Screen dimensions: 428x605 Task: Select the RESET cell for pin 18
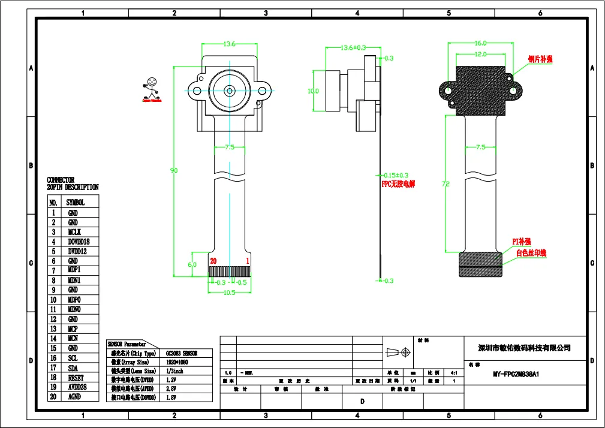coord(76,377)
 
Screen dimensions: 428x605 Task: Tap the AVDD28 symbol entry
coord(77,387)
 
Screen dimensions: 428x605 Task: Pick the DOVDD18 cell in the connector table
coord(79,242)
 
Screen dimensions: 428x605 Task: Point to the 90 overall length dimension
coord(174,171)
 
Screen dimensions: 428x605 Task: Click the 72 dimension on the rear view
coord(446,185)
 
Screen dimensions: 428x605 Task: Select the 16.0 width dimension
coord(480,43)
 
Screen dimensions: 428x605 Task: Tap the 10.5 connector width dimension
coord(229,293)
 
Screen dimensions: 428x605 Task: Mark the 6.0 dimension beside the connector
coord(192,264)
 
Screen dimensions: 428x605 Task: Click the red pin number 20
coord(213,261)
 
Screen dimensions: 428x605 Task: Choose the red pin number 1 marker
coord(248,261)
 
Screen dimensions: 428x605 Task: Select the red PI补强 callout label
coord(521,241)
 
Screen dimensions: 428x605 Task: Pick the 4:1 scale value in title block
coord(453,372)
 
